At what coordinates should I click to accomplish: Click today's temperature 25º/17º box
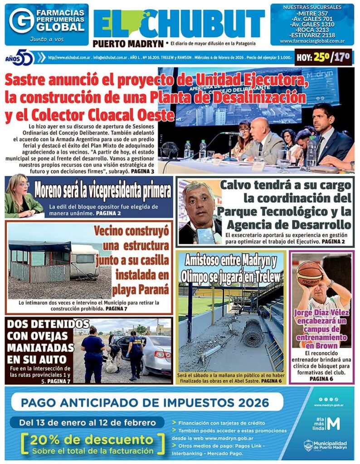click(x=324, y=58)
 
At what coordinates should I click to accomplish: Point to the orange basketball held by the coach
click(x=309, y=273)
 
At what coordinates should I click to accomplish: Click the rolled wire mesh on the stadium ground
click(x=252, y=333)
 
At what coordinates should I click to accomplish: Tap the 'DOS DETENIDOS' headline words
click(x=48, y=324)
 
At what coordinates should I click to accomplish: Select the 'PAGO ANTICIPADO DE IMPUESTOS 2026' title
click(x=145, y=402)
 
